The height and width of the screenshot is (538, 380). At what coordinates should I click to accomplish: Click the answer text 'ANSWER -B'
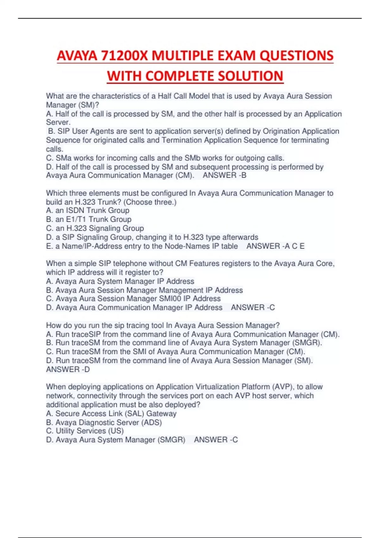(x=225, y=175)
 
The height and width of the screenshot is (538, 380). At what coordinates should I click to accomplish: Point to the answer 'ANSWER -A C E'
(x=275, y=246)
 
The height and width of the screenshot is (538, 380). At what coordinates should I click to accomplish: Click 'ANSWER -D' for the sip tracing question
(x=68, y=369)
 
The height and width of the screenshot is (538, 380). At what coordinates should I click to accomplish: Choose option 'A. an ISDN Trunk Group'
(x=88, y=210)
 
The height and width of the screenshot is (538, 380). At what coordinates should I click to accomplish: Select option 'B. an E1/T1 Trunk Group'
(x=89, y=219)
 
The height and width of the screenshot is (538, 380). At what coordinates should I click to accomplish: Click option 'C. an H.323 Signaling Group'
(x=95, y=228)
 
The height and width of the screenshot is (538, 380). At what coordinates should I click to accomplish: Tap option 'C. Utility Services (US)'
(x=85, y=431)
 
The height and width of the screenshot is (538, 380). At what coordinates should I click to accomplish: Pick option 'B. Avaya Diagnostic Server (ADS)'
(x=104, y=422)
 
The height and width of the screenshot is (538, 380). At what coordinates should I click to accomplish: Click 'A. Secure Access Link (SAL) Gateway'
(x=111, y=414)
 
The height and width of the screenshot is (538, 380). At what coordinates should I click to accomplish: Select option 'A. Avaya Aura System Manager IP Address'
(x=120, y=281)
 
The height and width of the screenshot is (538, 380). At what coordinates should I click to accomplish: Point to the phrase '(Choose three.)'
(x=151, y=202)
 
